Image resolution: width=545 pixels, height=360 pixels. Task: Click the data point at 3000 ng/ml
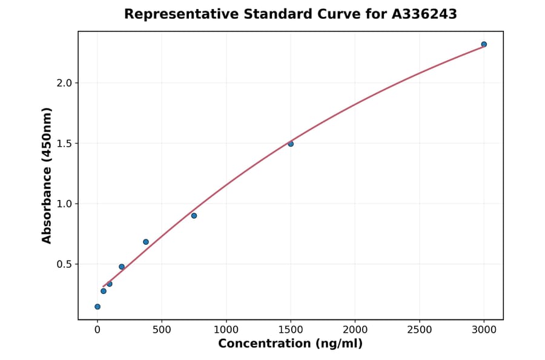(484, 44)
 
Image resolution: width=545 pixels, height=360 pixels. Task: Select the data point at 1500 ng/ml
(291, 144)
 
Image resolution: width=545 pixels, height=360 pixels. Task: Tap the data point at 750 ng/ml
(194, 216)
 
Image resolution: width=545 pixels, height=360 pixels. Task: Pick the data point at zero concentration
(97, 307)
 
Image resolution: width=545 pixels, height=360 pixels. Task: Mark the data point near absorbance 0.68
(146, 242)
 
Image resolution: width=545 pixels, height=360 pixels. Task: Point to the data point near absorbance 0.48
(122, 267)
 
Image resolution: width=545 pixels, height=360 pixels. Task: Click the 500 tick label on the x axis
(162, 330)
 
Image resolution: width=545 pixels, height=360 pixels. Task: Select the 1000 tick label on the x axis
(226, 330)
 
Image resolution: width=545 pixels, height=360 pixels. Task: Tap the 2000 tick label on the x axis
(355, 330)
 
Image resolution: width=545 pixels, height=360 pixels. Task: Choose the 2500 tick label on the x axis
(419, 330)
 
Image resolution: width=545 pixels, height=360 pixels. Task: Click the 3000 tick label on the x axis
(484, 330)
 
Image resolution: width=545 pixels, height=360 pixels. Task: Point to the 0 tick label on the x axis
(97, 330)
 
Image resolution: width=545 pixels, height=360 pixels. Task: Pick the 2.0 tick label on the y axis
(64, 83)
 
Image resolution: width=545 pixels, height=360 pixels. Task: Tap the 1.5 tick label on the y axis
(64, 144)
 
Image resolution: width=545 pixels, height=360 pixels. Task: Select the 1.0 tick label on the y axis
(64, 204)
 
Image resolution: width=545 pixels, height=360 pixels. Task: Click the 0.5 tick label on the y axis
(64, 264)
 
